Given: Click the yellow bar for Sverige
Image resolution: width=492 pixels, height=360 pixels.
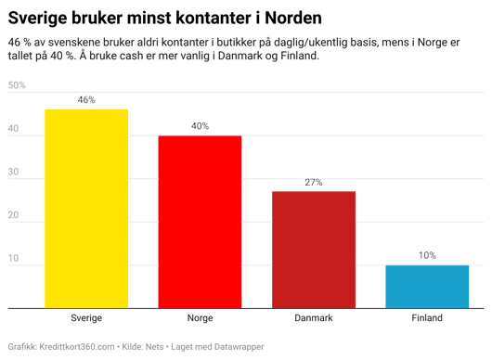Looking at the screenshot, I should [86, 208].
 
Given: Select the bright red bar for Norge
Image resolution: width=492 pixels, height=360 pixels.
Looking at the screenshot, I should [200, 222].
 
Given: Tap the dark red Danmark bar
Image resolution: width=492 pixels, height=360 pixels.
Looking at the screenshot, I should [313, 250].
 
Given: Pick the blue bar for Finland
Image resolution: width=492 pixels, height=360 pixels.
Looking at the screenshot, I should [427, 286].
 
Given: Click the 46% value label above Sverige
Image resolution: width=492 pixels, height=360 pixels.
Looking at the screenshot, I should [86, 99].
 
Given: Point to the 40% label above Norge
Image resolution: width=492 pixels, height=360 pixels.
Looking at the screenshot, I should [200, 125].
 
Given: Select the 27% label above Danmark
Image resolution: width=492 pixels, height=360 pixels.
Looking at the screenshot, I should [313, 182].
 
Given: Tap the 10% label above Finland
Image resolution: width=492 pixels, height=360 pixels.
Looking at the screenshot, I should [427, 255].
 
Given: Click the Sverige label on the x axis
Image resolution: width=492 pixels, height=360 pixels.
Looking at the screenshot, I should [86, 317].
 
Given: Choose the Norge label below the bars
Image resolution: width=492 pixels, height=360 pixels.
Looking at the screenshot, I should [200, 317].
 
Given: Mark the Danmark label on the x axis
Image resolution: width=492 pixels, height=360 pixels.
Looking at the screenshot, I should [313, 317].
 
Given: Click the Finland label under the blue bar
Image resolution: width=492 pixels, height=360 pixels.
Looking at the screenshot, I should [427, 317].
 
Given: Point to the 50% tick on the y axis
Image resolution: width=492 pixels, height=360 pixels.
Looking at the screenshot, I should [17, 85].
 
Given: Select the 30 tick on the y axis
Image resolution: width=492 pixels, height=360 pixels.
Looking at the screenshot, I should [13, 172].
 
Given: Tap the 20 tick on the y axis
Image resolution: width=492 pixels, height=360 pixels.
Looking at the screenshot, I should [13, 215].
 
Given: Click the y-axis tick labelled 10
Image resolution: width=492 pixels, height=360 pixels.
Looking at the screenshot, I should [13, 259].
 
